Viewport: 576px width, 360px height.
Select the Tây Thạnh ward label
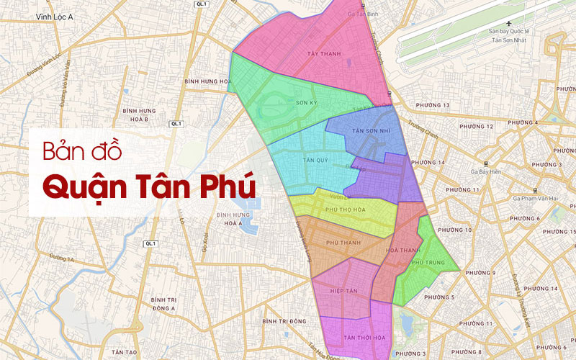pyautogui.click(x=320, y=53)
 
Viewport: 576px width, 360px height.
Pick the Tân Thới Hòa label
pyautogui.click(x=361, y=338)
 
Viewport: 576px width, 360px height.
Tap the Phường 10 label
pyautogui.click(x=459, y=230)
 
